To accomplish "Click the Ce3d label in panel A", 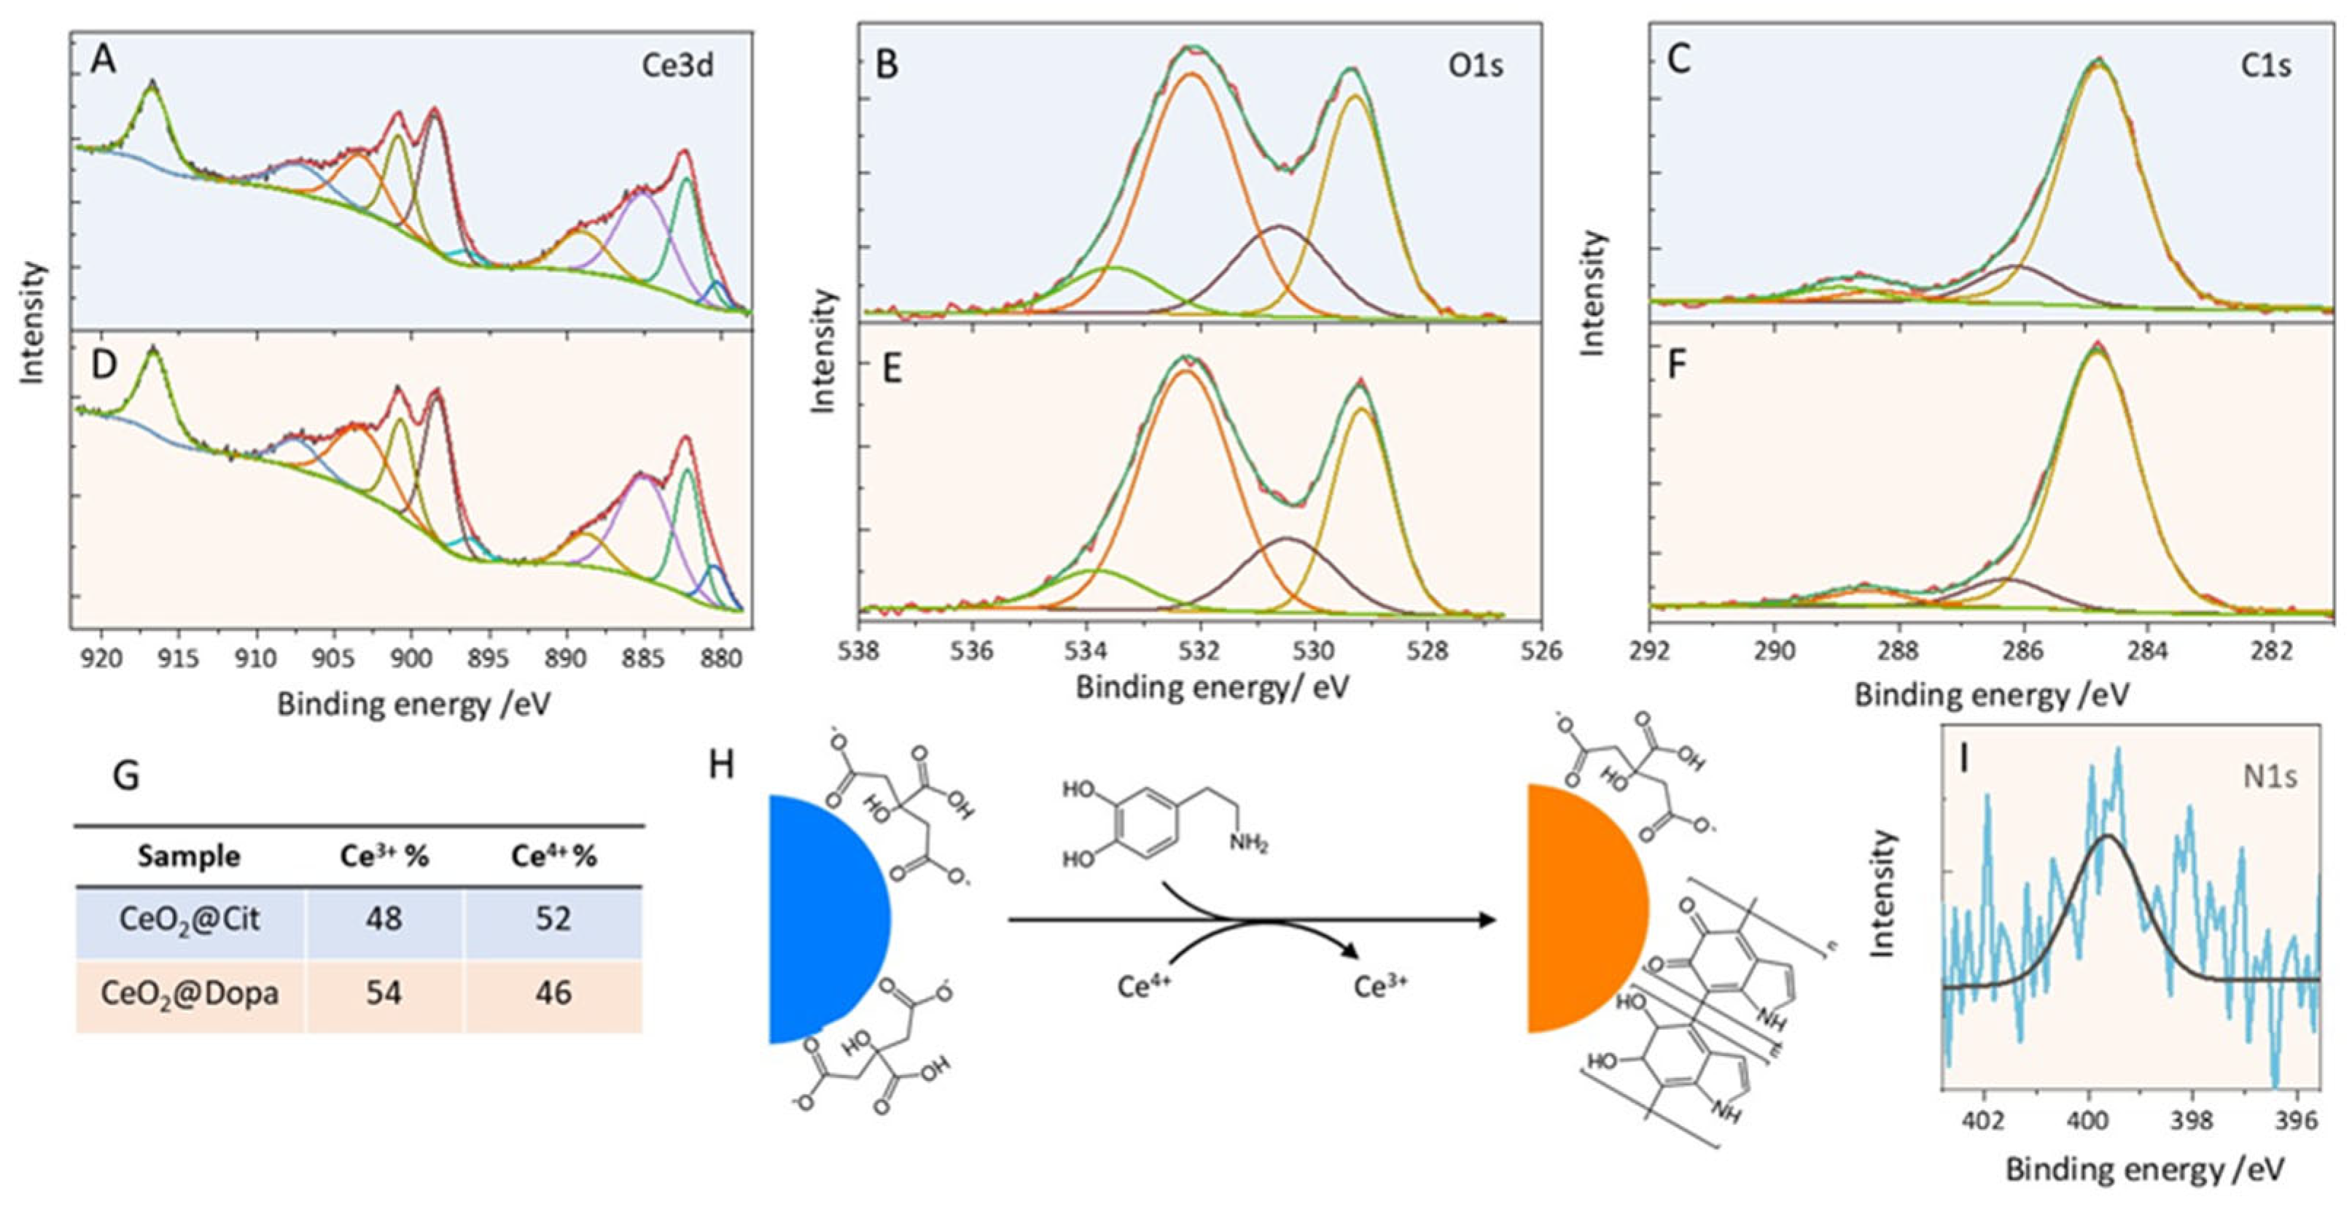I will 677,66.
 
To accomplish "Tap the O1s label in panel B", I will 1476,66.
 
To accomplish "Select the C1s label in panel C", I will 2264,66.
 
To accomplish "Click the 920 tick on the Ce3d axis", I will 101,656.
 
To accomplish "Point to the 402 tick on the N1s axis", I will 1983,1120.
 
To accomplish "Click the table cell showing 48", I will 383,918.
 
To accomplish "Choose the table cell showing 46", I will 553,993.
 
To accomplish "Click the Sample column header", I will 189,856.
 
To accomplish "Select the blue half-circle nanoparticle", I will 822,918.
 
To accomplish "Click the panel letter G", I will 125,775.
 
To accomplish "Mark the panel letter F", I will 1678,366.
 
